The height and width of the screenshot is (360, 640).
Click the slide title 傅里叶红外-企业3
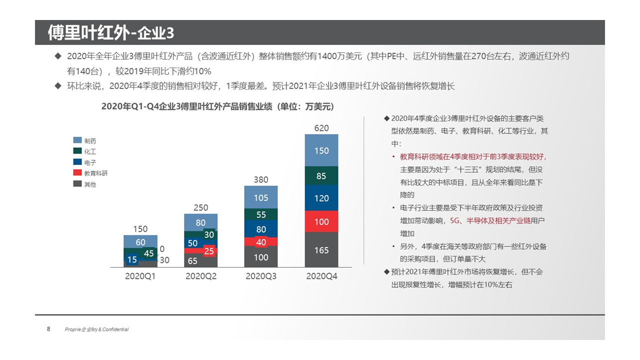click(x=111, y=32)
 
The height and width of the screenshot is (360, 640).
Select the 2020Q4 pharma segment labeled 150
click(x=321, y=150)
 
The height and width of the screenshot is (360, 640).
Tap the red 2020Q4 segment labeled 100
click(x=321, y=221)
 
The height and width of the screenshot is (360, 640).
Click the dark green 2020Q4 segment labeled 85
click(x=321, y=176)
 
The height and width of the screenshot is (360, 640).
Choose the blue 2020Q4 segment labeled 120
click(x=321, y=198)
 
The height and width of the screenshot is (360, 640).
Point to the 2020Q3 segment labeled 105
click(x=261, y=197)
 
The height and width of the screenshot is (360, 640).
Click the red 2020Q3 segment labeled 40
click(x=261, y=241)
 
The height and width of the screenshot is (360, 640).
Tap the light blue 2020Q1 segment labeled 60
click(x=140, y=241)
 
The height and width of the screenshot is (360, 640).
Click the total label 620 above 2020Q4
click(x=321, y=128)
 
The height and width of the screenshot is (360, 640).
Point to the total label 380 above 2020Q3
click(x=261, y=179)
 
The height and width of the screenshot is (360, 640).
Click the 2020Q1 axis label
click(x=140, y=276)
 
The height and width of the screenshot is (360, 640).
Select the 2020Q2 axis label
click(x=201, y=276)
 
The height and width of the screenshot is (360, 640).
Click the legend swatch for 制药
click(x=77, y=140)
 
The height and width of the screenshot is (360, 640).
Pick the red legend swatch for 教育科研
click(x=77, y=173)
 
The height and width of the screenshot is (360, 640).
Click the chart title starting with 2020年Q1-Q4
click(x=217, y=106)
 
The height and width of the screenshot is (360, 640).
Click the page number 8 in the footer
click(x=48, y=329)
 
